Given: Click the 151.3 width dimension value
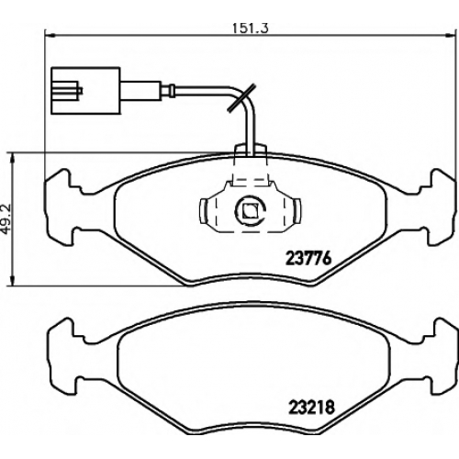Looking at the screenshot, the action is [x=251, y=28].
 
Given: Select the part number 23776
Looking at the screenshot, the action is [x=308, y=259].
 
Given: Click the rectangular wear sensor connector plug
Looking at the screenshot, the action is [x=86, y=91].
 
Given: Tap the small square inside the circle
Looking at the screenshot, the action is [x=250, y=210].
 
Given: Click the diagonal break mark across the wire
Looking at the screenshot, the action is [x=242, y=98].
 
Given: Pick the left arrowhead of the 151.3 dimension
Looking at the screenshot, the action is [x=50, y=35].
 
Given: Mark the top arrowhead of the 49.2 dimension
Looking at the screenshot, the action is [x=12, y=159].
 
